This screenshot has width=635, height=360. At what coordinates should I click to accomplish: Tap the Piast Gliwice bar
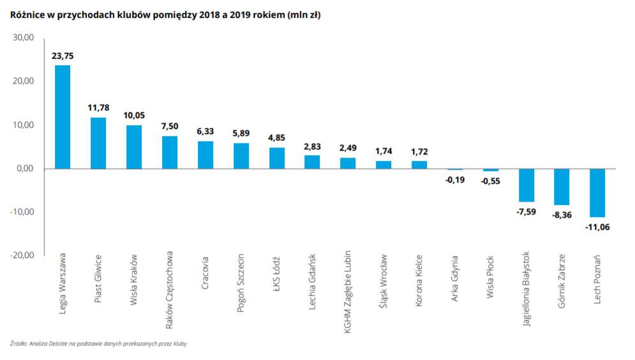pos(98,143)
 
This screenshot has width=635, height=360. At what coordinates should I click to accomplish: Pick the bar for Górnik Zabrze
pos(562,187)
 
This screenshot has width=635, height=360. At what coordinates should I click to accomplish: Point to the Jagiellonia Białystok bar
pos(526,185)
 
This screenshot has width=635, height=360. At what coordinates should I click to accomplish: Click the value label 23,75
pos(63,56)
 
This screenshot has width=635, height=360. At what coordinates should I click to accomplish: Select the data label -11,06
pos(597,227)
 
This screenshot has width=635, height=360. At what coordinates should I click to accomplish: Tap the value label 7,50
pos(170,126)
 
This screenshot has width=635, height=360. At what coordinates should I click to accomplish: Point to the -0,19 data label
pos(454,179)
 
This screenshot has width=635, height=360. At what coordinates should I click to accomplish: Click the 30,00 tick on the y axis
pos(24,38)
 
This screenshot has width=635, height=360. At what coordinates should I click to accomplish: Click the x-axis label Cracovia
pos(205,274)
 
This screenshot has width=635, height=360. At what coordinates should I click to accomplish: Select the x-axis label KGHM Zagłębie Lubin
pos(347,291)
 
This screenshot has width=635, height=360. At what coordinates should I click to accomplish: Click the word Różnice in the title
pos(27,13)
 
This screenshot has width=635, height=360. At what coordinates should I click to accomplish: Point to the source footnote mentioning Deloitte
pos(99,343)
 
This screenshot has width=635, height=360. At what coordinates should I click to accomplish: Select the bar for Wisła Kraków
pos(134,147)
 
